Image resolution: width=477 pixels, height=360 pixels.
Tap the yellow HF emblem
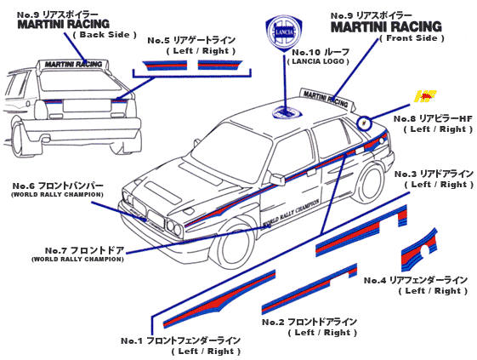(426, 96)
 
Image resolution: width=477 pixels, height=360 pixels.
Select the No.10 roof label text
(320, 56)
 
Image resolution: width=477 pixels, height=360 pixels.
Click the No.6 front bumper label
(58, 190)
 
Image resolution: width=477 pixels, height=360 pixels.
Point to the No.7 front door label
(78, 254)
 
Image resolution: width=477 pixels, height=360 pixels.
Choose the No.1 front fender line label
(181, 346)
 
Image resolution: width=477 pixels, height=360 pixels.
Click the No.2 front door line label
(309, 327)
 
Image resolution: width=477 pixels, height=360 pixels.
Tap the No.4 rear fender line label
(416, 285)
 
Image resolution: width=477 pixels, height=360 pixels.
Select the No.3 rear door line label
(434, 179)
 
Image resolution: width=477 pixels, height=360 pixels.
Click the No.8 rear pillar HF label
(433, 123)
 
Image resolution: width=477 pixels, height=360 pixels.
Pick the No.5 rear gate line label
(191, 45)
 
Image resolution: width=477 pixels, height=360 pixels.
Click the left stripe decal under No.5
(165, 66)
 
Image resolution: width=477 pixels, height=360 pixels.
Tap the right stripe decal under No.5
(219, 65)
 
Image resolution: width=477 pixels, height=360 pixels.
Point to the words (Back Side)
(105, 34)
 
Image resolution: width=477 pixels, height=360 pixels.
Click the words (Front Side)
(412, 38)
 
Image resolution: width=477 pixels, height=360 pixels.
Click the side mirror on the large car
(275, 179)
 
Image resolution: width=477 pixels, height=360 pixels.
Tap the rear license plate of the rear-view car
(87, 106)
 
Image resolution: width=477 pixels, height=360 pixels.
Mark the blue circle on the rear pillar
(364, 123)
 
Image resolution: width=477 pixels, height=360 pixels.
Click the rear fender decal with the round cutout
(418, 251)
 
